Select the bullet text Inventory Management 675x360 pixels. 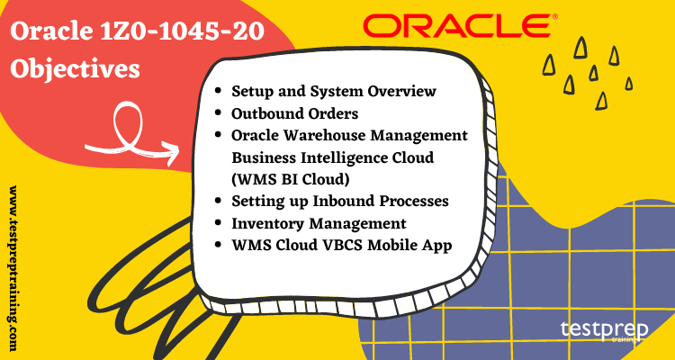pyautogui.click(x=319, y=222)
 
